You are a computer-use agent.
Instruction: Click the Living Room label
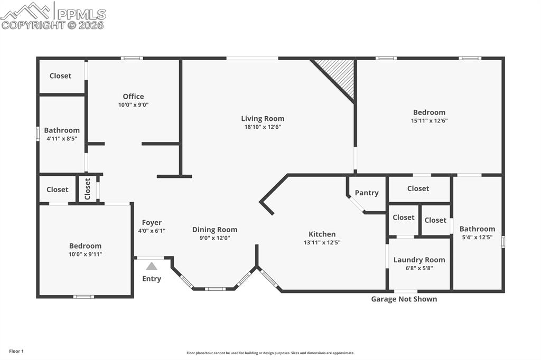(263, 118)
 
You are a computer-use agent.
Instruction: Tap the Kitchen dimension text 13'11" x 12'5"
(322, 243)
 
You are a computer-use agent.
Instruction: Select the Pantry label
(366, 193)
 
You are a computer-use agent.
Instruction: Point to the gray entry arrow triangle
(152, 266)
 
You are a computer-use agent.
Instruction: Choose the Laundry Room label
(419, 260)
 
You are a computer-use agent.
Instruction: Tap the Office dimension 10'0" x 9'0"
(133, 105)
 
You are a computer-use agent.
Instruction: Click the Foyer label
(152, 222)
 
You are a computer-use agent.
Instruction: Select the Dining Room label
(214, 229)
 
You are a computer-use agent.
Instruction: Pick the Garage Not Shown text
(404, 299)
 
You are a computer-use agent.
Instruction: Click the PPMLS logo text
(80, 14)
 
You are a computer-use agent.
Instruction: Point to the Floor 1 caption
(16, 351)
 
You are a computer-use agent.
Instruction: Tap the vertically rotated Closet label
(88, 188)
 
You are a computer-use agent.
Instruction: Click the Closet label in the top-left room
(60, 75)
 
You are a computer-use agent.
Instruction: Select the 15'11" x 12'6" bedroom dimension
(429, 120)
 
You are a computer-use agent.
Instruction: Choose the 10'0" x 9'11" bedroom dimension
(85, 254)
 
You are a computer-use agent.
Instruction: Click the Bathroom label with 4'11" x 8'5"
(62, 130)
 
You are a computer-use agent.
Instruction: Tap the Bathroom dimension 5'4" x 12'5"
(477, 238)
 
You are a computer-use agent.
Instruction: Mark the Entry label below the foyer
(152, 279)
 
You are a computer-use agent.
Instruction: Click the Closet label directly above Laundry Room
(404, 217)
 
